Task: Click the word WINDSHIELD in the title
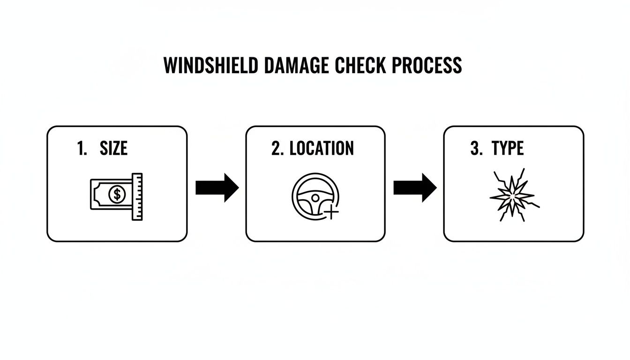point(210,65)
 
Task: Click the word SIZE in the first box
point(113,149)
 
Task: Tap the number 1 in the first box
point(81,149)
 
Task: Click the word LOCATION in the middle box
point(322,149)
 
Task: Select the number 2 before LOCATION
point(277,149)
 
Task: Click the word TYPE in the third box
point(508,149)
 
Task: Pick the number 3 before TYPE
point(475,149)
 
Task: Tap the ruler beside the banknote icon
point(137,197)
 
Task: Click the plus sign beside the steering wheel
point(331,213)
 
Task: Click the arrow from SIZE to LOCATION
point(217,188)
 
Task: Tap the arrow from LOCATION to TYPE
point(415,188)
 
